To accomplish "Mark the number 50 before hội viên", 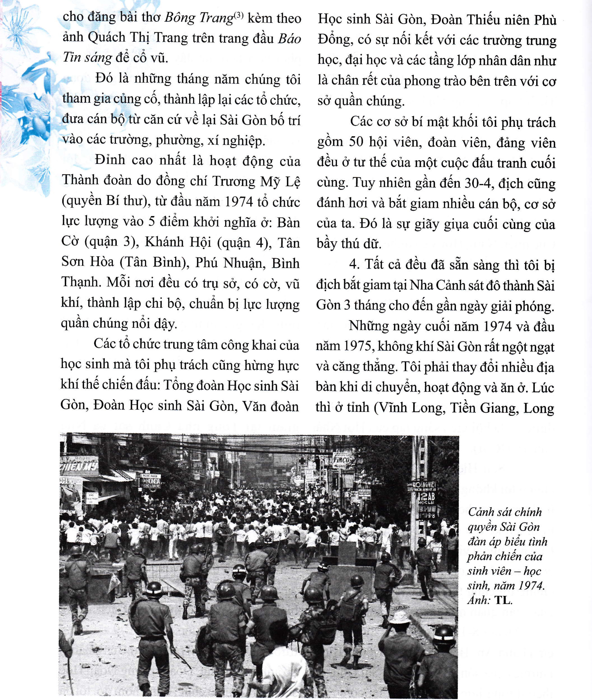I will (x=356, y=142).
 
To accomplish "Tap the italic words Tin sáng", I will (x=87, y=58).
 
